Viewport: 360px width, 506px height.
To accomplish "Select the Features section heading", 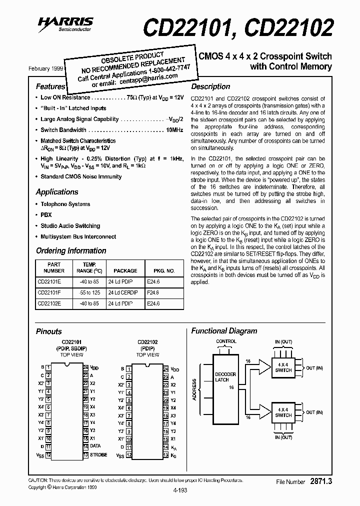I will [50, 86].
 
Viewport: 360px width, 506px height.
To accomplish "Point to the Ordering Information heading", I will [71, 250].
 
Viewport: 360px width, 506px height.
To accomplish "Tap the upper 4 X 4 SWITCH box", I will [283, 367].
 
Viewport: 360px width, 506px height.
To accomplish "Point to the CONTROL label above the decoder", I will [226, 341].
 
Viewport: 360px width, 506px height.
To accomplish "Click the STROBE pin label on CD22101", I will [98, 455].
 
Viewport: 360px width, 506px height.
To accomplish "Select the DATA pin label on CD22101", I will [95, 446].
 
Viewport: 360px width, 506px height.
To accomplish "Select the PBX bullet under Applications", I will [46, 214].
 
